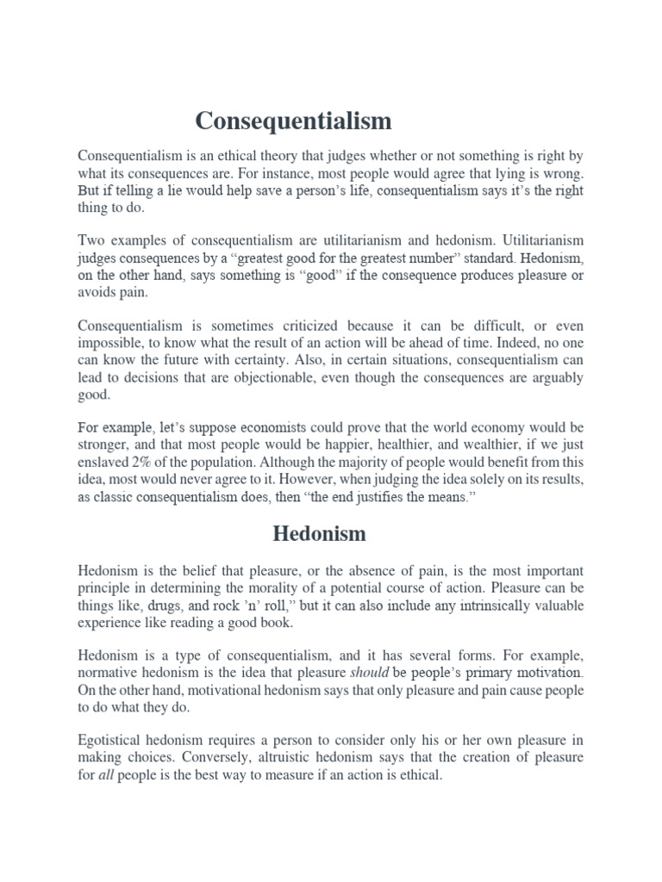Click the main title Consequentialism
[293, 121]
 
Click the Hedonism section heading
[319, 533]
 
